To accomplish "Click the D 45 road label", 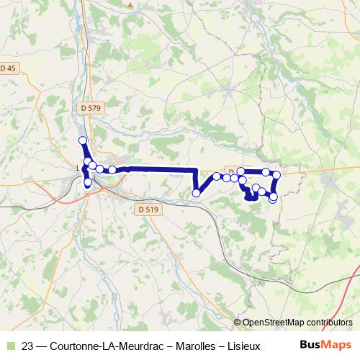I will tap(8, 68).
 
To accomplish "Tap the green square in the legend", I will tap(9, 346).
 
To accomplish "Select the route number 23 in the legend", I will tap(28, 346).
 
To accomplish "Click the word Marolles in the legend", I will tap(180, 346).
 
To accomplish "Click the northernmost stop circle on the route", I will tap(82, 140).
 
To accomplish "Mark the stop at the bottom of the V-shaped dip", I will tap(196, 193).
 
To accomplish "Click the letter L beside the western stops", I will tap(78, 169).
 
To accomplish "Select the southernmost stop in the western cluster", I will tap(88, 183).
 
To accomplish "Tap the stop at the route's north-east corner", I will tap(276, 174).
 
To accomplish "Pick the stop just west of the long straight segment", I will tap(112, 170).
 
